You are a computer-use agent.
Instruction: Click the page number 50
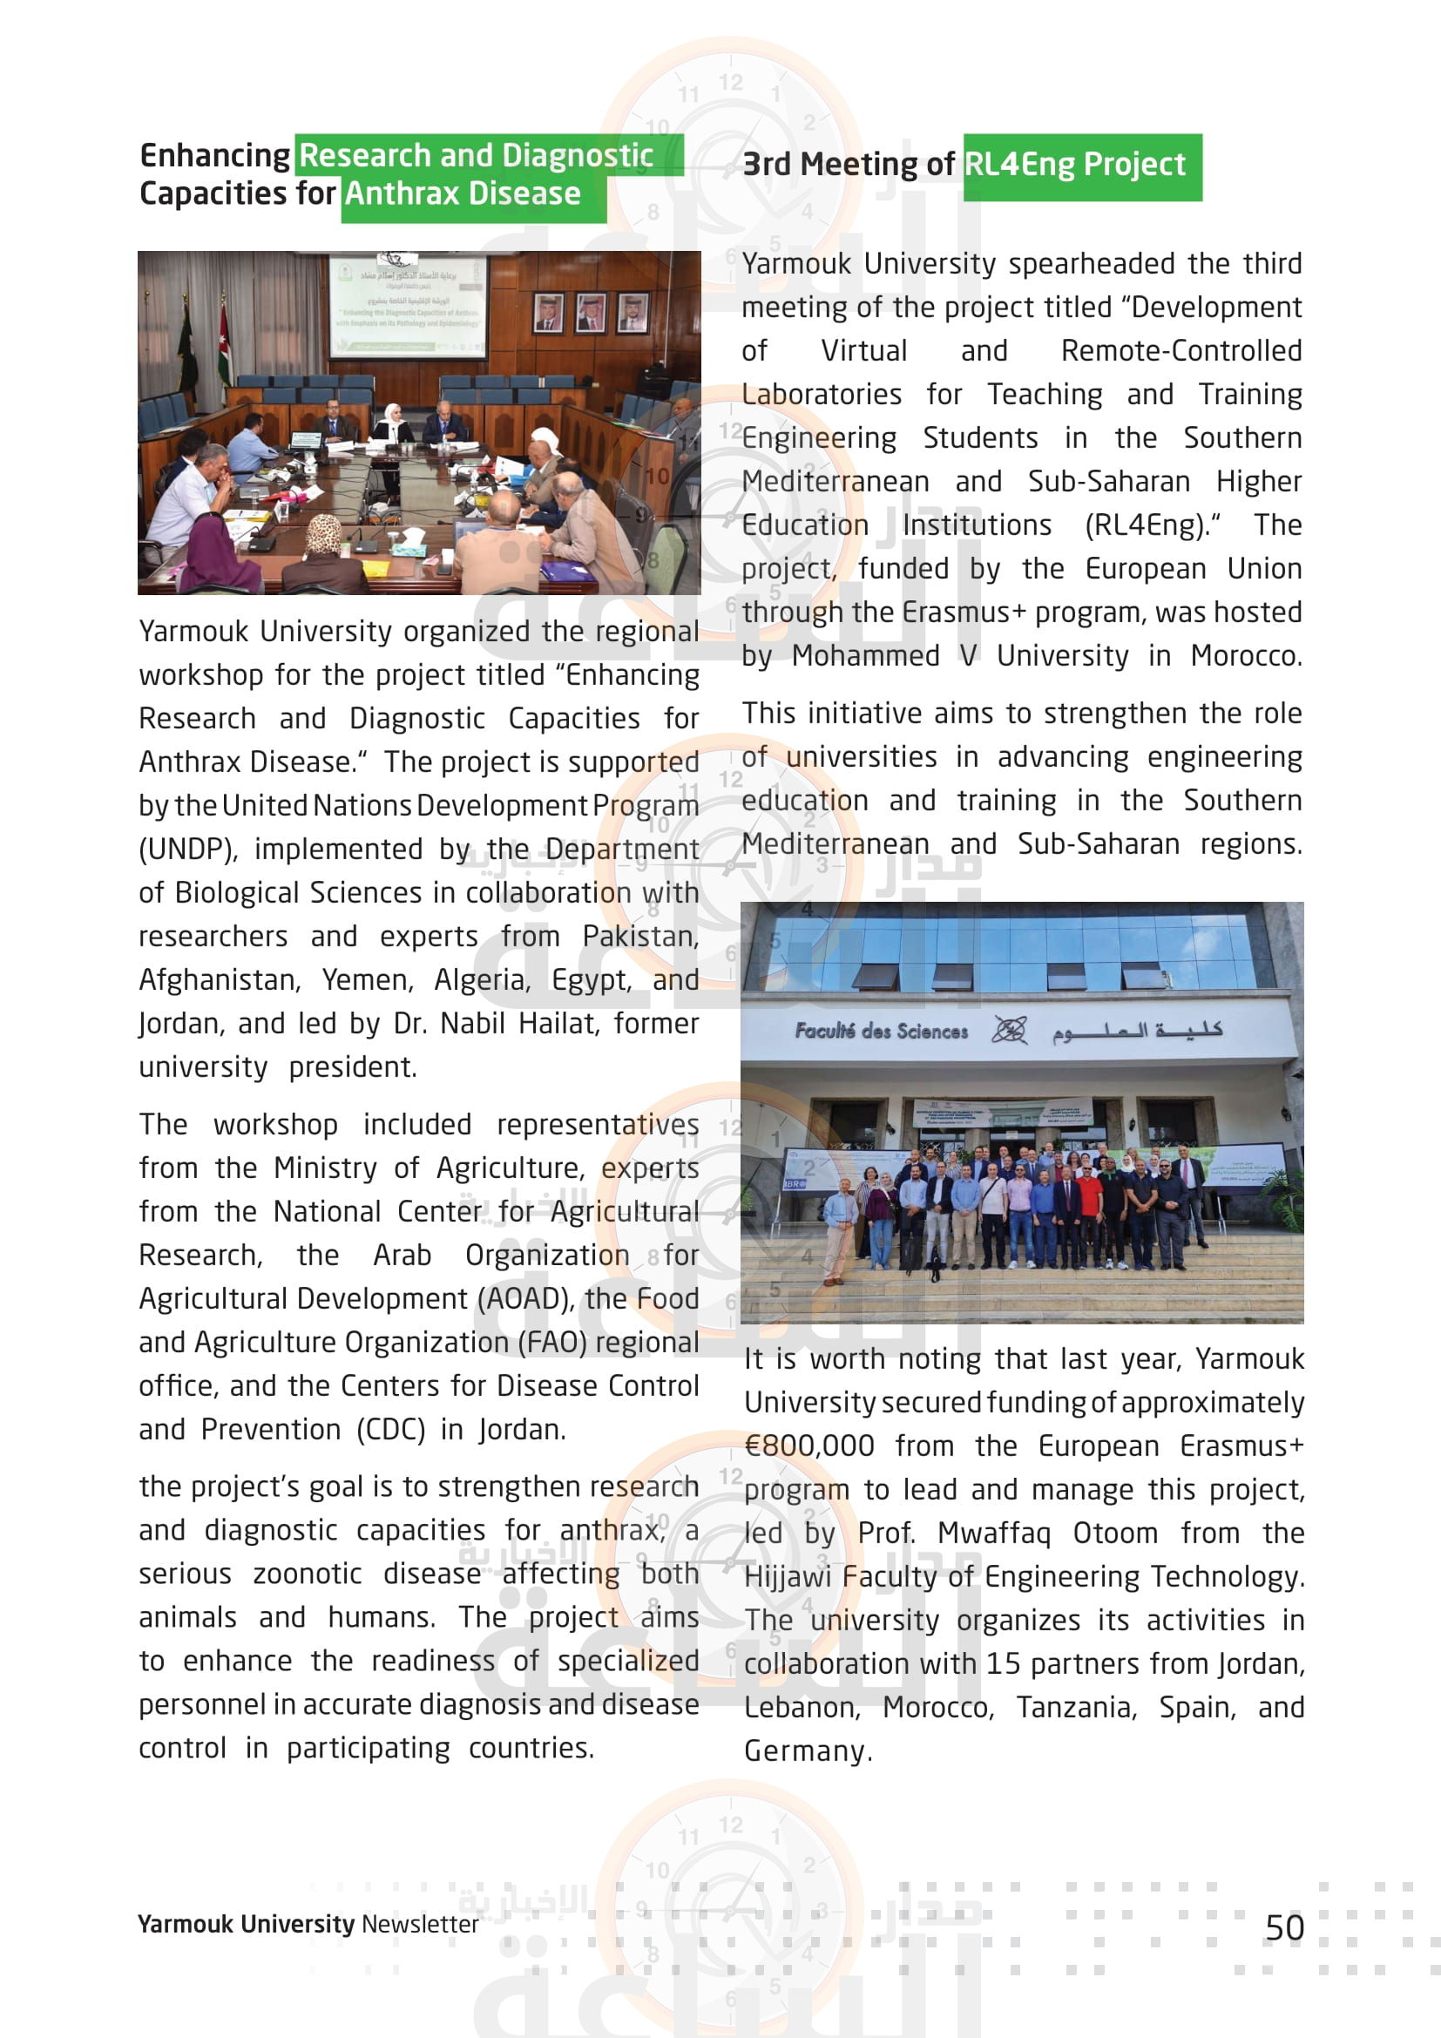(1284, 1927)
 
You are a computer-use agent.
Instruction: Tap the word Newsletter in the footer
(420, 1924)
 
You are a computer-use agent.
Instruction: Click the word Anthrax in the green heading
(403, 193)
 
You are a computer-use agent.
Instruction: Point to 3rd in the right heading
(766, 165)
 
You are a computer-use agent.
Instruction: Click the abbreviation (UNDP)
(188, 850)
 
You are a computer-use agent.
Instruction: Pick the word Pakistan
(639, 937)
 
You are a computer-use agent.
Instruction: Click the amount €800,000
(809, 1446)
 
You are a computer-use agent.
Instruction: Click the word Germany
(805, 1750)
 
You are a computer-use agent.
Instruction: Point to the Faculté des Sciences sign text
(880, 1032)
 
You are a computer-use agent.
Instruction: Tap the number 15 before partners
(1004, 1663)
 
